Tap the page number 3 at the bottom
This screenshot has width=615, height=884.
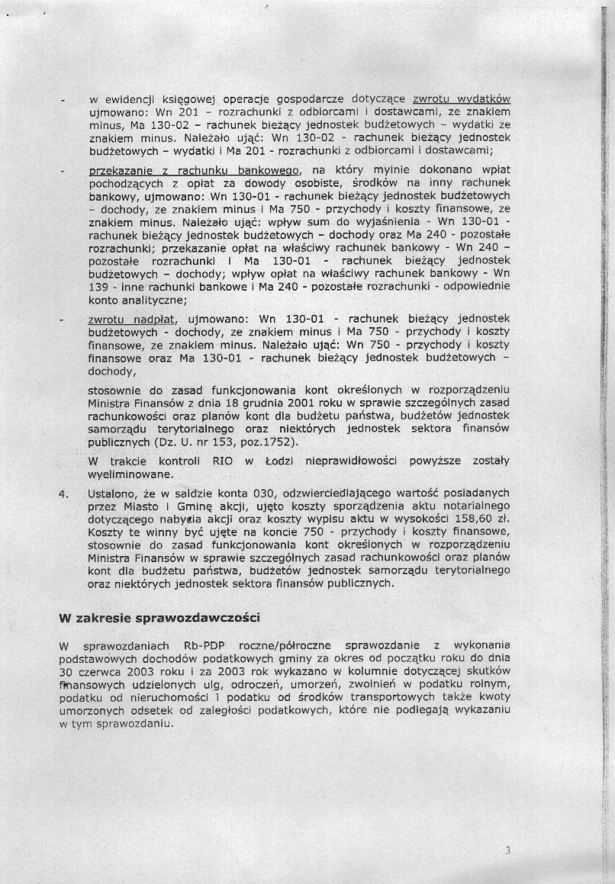tap(507, 850)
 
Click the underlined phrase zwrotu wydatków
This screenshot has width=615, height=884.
tap(461, 98)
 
